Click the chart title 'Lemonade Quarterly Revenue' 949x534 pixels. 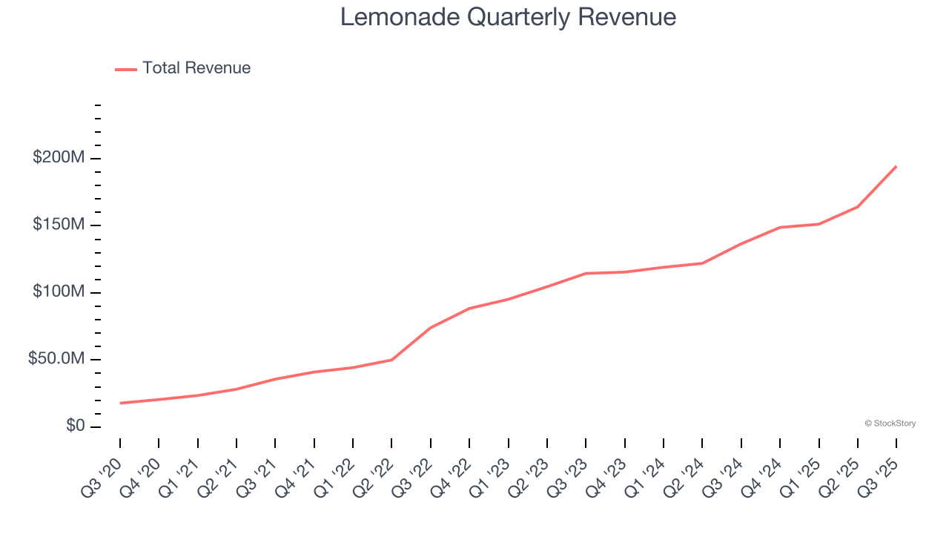pyautogui.click(x=508, y=17)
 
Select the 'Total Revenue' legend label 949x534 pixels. pyautogui.click(x=196, y=68)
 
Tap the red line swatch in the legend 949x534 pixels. pyautogui.click(x=126, y=69)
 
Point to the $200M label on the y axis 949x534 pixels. pyautogui.click(x=59, y=158)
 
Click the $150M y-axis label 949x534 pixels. pyautogui.click(x=59, y=225)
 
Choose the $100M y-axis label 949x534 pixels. pyautogui.click(x=59, y=292)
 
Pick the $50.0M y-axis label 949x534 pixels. pyautogui.click(x=56, y=359)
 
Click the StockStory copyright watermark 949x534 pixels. pyautogui.click(x=890, y=423)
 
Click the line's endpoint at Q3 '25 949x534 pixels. pyautogui.click(x=896, y=166)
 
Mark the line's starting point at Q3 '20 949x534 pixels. pyautogui.click(x=120, y=403)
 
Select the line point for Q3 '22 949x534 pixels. pyautogui.click(x=431, y=328)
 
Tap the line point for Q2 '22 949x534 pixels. pyautogui.click(x=391, y=360)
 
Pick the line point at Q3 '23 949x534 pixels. pyautogui.click(x=586, y=274)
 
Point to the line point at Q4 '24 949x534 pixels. pyautogui.click(x=780, y=227)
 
